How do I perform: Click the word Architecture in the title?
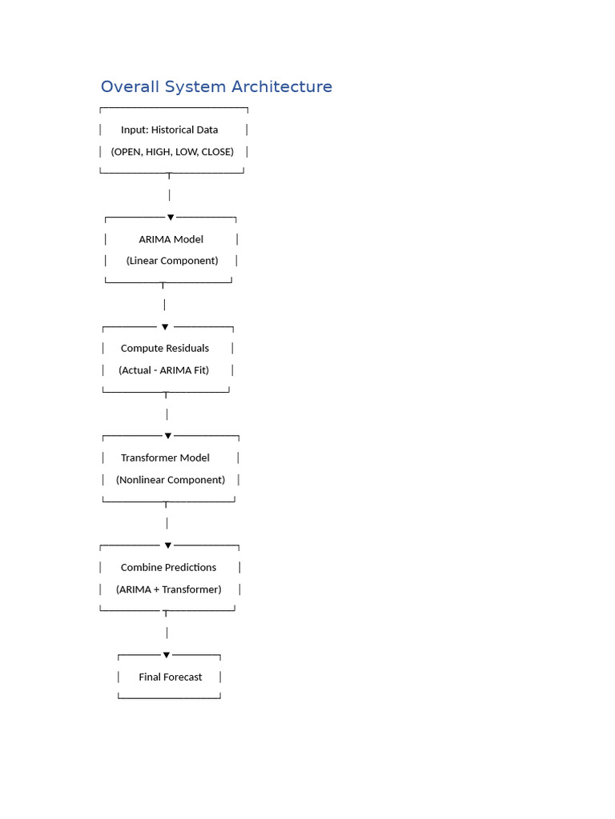282,86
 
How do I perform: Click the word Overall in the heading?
131,86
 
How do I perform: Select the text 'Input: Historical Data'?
170,130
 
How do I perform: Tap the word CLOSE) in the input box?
218,152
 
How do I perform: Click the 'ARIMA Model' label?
171,239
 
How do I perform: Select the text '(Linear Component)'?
172,261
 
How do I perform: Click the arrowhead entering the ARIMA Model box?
171,218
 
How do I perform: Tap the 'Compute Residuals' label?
165,349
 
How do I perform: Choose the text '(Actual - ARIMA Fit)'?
163,370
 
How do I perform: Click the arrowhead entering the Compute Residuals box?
165,327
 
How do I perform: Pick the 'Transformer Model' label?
165,458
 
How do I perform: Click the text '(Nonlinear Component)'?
171,480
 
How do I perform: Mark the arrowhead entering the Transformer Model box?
168,436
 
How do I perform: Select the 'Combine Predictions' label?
168,567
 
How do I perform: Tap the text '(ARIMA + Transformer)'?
168,589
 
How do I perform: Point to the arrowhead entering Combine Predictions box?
168,545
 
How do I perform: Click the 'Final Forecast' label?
170,677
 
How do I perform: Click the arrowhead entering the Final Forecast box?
167,655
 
